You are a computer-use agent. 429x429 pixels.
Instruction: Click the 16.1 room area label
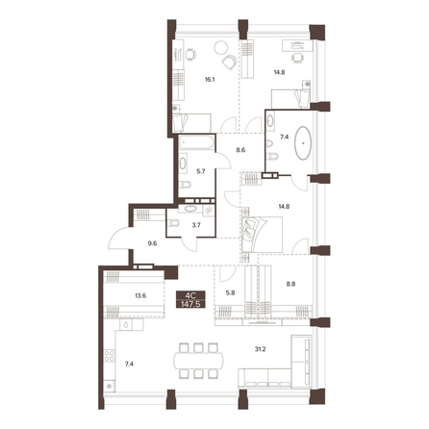[210, 80]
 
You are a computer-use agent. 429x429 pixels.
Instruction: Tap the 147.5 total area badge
[190, 304]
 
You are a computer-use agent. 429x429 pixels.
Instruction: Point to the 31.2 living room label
[260, 349]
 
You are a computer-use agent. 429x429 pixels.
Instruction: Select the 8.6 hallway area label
[240, 150]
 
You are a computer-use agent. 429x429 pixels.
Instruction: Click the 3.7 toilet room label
[196, 225]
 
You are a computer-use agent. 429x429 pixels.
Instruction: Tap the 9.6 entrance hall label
[152, 243]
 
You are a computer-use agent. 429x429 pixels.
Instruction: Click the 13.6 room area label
[140, 295]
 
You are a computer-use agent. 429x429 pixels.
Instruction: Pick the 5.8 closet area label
[230, 292]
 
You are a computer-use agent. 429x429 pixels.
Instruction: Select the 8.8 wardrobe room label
[290, 284]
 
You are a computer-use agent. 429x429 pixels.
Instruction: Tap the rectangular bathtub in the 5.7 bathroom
[196, 142]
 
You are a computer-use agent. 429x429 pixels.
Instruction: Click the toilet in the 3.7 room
[173, 223]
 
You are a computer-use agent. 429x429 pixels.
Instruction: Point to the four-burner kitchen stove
[110, 356]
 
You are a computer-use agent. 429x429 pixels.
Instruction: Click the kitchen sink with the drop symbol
[126, 324]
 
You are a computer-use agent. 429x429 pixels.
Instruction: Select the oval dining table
[199, 361]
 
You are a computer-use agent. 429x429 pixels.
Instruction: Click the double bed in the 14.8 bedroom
[263, 235]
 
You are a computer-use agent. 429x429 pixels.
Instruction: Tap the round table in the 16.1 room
[221, 48]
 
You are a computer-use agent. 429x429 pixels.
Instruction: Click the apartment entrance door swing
[118, 238]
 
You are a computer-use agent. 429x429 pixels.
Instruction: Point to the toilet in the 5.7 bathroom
[185, 185]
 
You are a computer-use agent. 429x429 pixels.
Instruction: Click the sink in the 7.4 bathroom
[270, 120]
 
